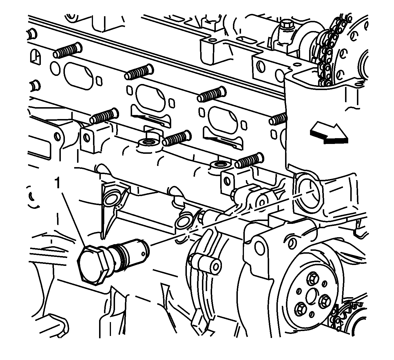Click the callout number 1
tap(57, 182)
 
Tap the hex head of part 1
tap(93, 265)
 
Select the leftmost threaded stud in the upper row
tap(68, 50)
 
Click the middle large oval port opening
tap(150, 98)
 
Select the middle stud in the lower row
tap(177, 138)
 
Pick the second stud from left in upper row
tap(139, 72)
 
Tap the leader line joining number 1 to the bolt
tap(74, 220)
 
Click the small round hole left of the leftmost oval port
tap(55, 69)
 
